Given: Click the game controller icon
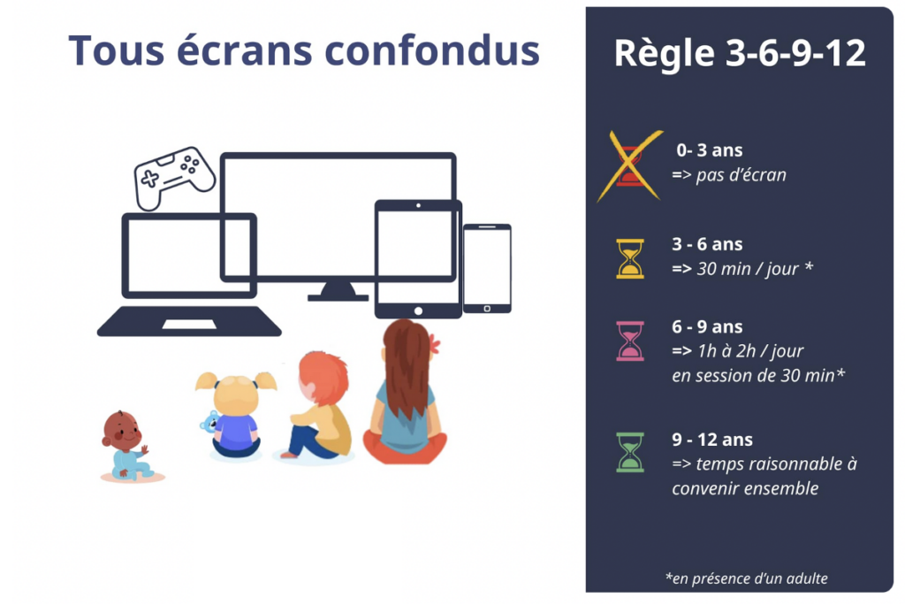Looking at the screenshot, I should tap(174, 176).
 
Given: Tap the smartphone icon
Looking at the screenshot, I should tap(487, 268).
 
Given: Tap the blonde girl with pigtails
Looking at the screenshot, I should tap(236, 414).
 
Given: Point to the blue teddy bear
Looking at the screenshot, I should tap(210, 422).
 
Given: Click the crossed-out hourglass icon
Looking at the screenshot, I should tap(630, 165).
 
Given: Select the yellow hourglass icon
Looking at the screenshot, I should tap(630, 258).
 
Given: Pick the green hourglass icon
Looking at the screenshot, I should tap(630, 451).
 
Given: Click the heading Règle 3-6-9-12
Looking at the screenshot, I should tap(740, 53).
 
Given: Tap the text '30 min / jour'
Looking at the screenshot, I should tap(754, 268).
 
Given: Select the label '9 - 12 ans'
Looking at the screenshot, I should tap(712, 440).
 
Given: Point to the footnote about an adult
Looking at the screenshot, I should tap(747, 579).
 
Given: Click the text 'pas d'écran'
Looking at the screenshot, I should tap(741, 174).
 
